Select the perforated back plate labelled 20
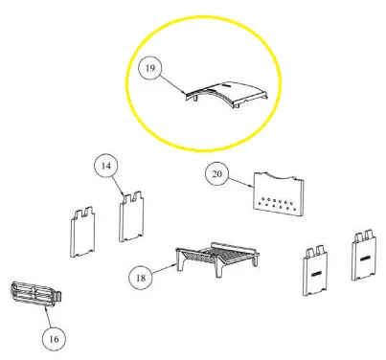click(x=279, y=193)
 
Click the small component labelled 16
click(x=35, y=294)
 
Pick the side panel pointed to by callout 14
click(x=131, y=216)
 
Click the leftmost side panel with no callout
click(x=82, y=232)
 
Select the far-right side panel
click(x=364, y=256)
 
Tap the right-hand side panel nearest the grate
click(x=315, y=271)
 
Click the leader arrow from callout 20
click(x=240, y=182)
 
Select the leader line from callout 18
click(x=164, y=269)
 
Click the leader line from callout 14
click(x=118, y=186)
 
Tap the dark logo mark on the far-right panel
click(x=365, y=259)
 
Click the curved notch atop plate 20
click(x=279, y=176)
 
